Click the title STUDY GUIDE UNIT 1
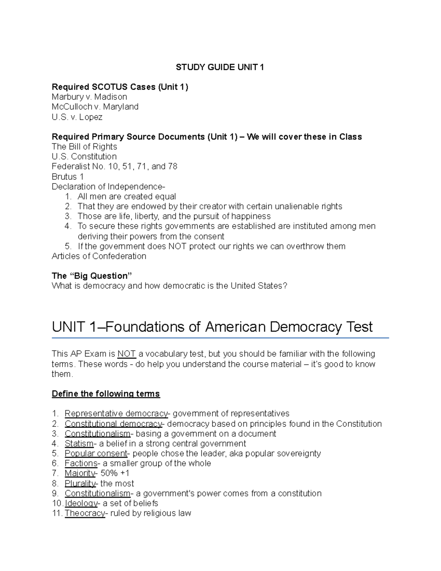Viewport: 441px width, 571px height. tap(220, 67)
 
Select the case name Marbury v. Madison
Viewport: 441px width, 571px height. tap(89, 97)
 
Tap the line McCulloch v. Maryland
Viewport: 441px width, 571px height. tap(95, 107)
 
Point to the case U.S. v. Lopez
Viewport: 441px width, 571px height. tap(77, 117)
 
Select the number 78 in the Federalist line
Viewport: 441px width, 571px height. tap(172, 167)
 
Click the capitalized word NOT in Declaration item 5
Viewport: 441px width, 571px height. tap(178, 246)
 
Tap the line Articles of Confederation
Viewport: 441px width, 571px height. tap(99, 256)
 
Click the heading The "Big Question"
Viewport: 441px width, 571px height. tap(92, 276)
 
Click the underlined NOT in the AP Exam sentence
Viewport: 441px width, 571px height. tap(126, 354)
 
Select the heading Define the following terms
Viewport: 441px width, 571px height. tap(105, 394)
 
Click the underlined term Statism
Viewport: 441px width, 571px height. tap(79, 443)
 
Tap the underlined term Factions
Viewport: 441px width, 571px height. tap(81, 463)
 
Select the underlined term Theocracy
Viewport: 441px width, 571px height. tap(85, 513)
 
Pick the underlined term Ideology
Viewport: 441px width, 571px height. tap(81, 503)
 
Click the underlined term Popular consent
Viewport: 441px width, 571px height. tap(96, 453)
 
